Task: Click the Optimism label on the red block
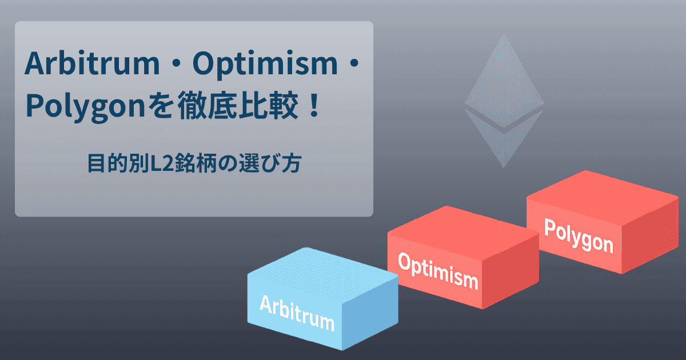(437, 271)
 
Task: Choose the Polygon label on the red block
(578, 236)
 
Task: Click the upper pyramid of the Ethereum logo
(503, 77)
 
